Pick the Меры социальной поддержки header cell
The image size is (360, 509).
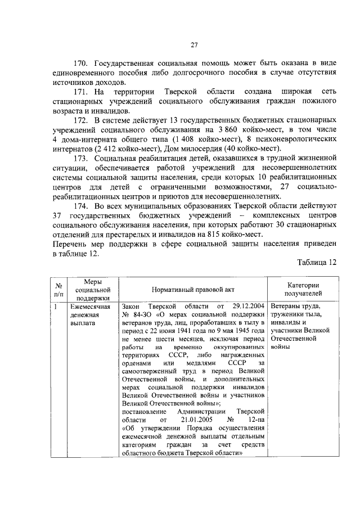(x=89, y=289)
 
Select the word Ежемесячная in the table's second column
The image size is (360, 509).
(x=87, y=307)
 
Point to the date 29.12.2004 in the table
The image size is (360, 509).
(x=245, y=307)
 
